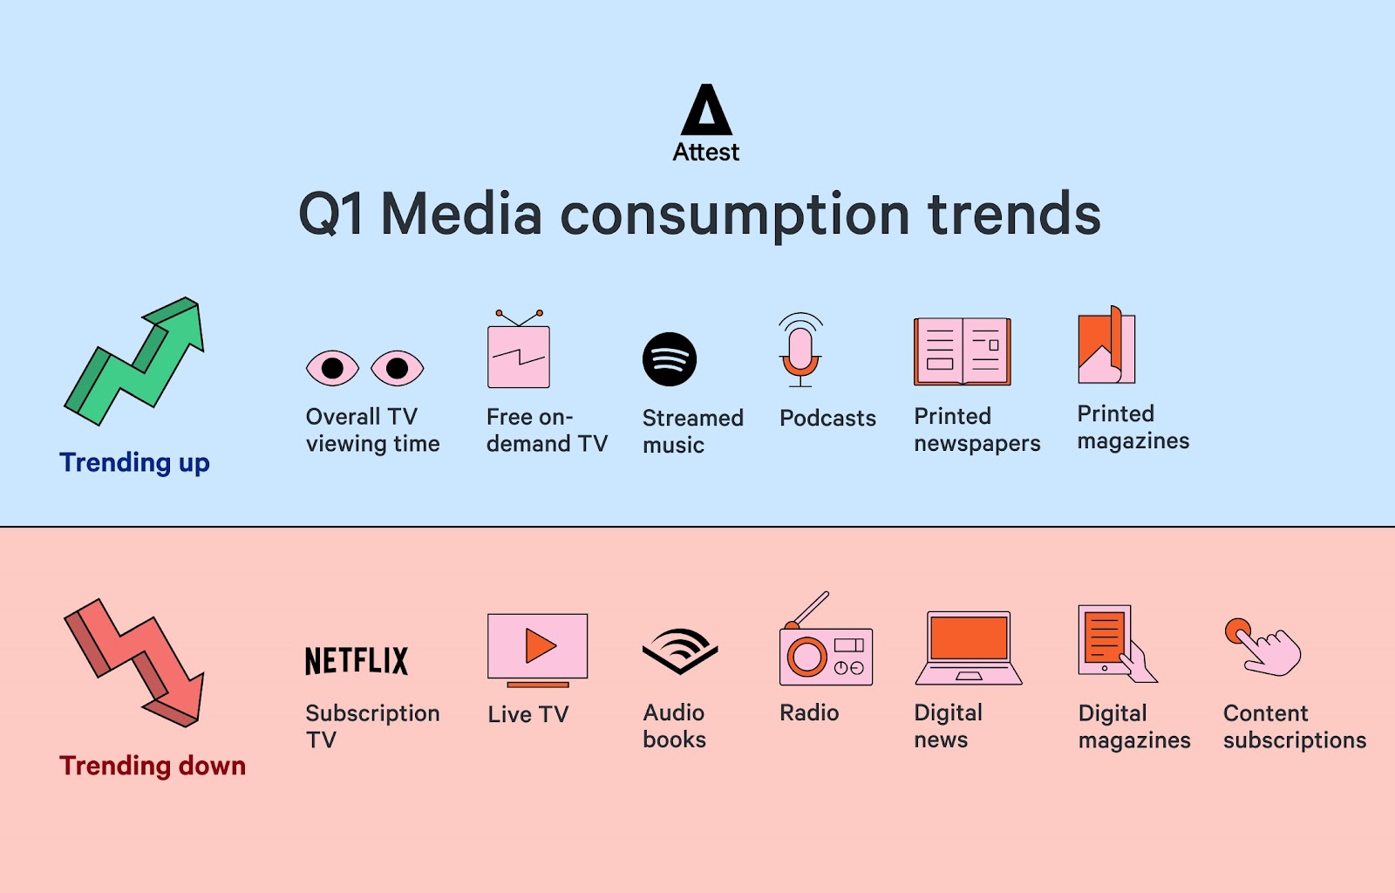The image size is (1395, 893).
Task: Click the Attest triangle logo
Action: pos(706,110)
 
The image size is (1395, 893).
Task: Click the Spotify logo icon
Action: pos(670,359)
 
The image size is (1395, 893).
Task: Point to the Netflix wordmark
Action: pos(357,661)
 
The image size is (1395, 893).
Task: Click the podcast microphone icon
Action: pos(800,350)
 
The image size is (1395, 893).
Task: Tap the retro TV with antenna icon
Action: pos(519,349)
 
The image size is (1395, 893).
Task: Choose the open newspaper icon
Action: pos(963,351)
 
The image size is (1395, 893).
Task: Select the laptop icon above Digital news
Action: pos(969,648)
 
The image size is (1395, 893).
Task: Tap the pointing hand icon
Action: pos(1263,647)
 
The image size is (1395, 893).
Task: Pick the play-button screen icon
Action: pos(537,651)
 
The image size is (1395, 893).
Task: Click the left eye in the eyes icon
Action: pos(332,368)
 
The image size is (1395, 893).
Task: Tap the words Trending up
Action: pos(134,463)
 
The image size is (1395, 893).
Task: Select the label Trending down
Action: pos(153,766)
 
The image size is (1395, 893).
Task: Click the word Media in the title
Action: pos(461,215)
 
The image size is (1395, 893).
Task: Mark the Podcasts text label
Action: pos(827,418)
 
